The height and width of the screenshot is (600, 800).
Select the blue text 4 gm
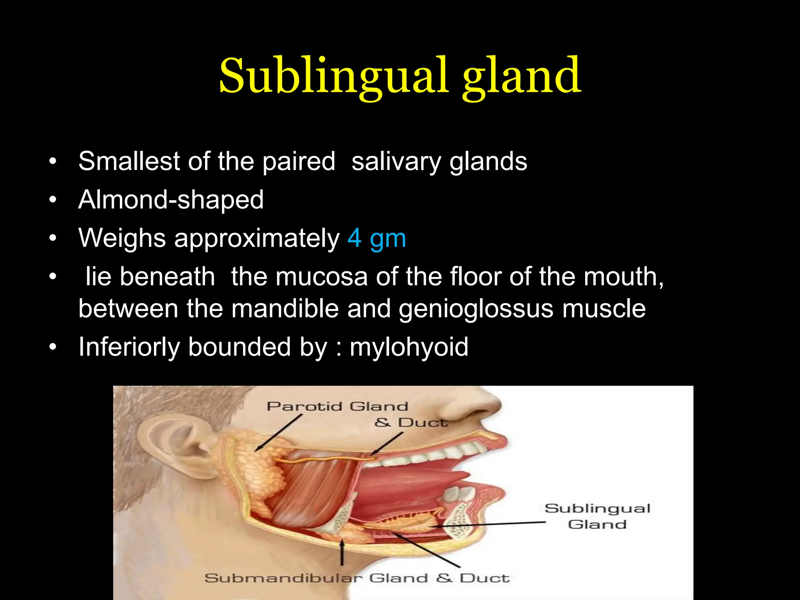[377, 238]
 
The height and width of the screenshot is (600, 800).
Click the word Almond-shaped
[171, 200]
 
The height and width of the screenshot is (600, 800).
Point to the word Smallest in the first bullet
[129, 161]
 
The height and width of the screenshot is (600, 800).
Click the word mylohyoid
[409, 347]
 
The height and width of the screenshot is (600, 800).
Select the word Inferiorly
[129, 347]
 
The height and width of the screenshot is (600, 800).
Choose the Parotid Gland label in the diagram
[337, 407]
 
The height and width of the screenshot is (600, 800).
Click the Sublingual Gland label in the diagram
[597, 516]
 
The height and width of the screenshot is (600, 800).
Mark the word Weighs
[122, 238]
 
